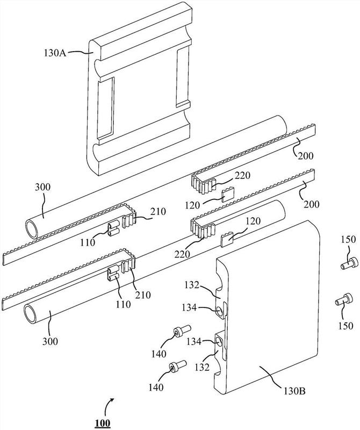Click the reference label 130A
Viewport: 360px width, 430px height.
coord(55,52)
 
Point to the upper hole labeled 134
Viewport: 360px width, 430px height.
coord(220,311)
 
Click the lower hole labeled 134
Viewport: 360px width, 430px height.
coord(220,341)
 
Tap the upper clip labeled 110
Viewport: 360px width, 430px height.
coord(113,228)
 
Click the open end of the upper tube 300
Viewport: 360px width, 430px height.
coord(32,229)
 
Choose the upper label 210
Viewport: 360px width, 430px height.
coord(158,211)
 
